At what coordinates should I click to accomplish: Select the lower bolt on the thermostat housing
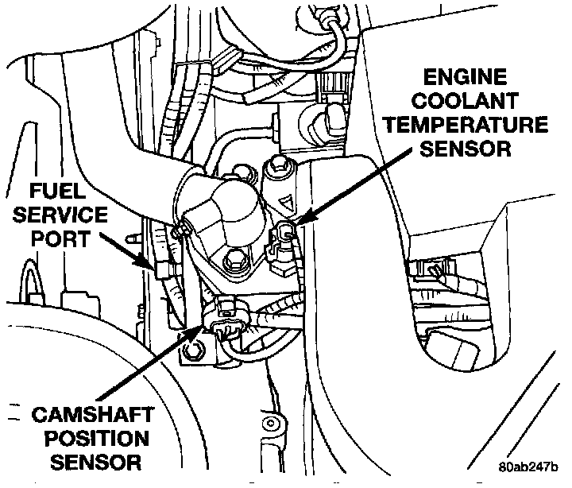pyautogui.click(x=233, y=260)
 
